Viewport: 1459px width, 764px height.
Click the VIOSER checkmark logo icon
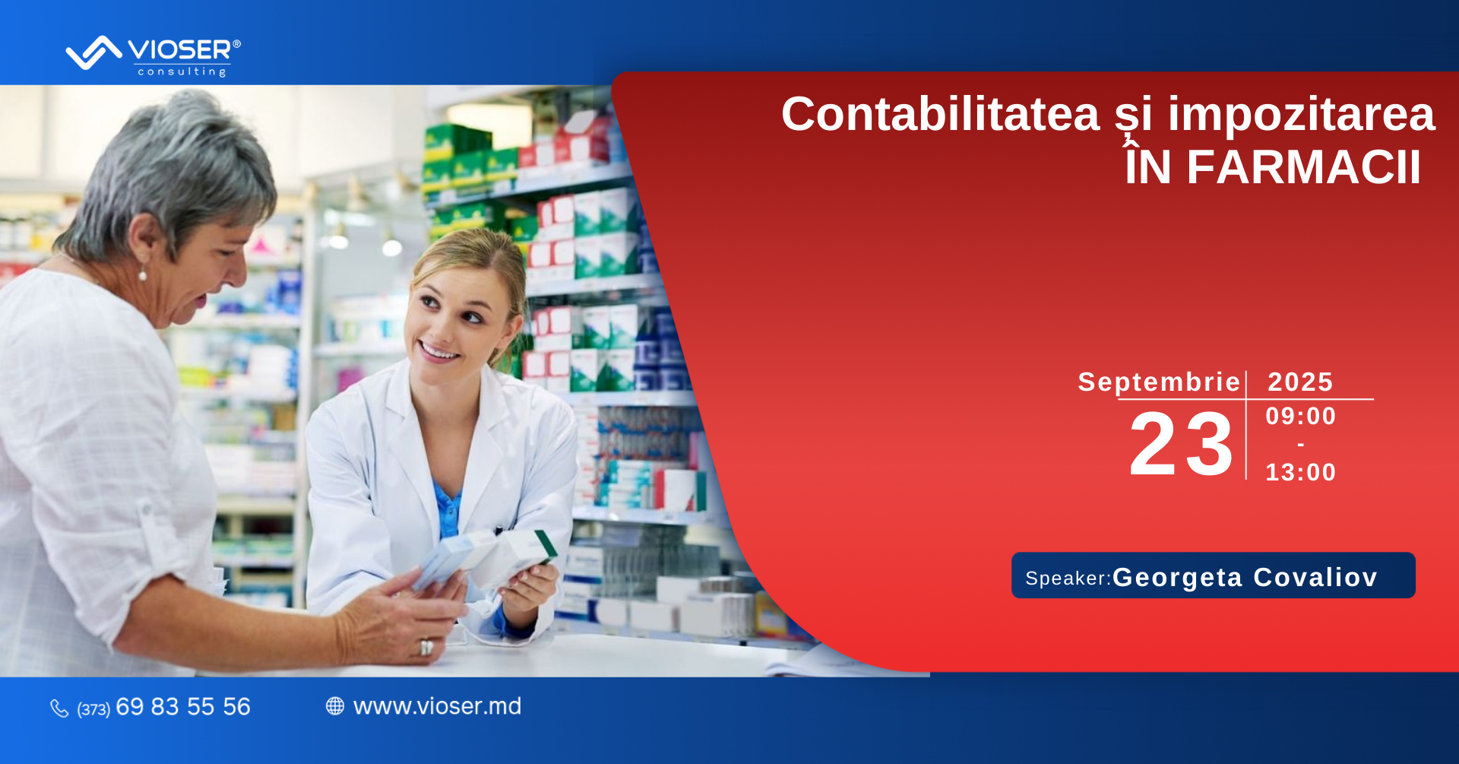(x=94, y=52)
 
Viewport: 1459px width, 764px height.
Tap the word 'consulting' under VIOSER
(x=182, y=71)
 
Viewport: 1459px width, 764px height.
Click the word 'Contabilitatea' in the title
(x=941, y=114)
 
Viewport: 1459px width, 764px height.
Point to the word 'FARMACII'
(x=1304, y=167)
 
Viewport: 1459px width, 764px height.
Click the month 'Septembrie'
(x=1159, y=382)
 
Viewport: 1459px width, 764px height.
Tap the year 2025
(x=1300, y=382)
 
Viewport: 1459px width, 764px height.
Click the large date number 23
(x=1181, y=444)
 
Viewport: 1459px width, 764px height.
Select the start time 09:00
(x=1300, y=416)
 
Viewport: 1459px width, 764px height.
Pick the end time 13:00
(x=1300, y=472)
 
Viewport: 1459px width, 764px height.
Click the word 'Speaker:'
(x=1068, y=579)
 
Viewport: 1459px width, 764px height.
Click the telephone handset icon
(x=59, y=709)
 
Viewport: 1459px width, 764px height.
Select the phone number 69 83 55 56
(x=183, y=707)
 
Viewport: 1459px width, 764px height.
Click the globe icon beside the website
(x=335, y=706)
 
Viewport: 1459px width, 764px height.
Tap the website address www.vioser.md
(x=438, y=706)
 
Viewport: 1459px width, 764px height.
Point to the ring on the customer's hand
(x=426, y=647)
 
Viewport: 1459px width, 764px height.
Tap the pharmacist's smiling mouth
(x=438, y=351)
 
